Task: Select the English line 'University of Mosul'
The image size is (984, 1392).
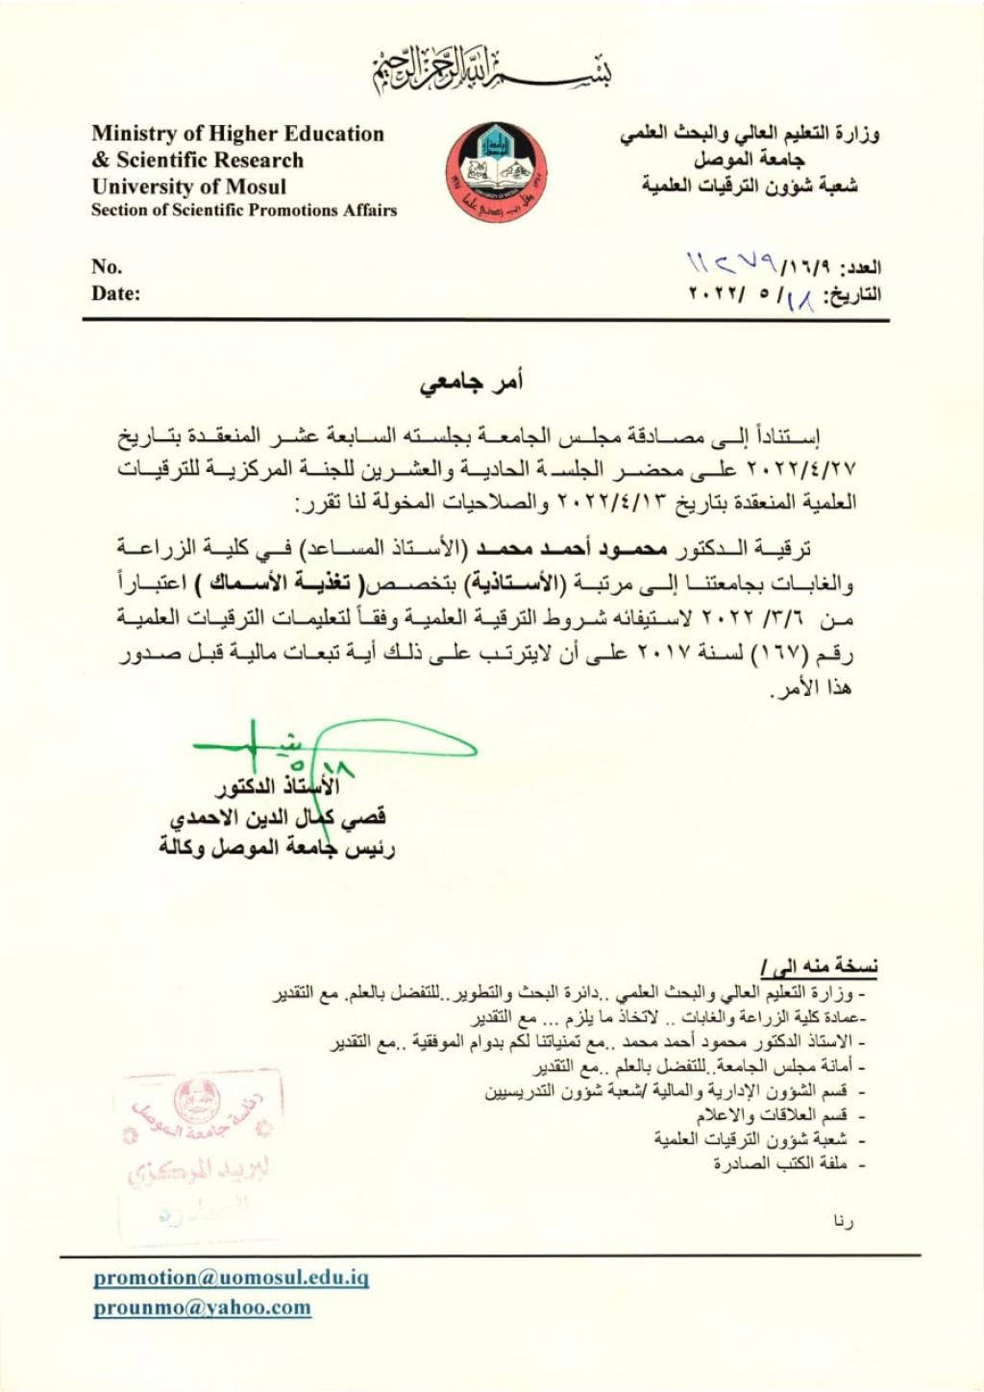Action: click(188, 186)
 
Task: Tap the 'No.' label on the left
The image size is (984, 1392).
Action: click(107, 266)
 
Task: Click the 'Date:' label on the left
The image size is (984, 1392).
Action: click(115, 293)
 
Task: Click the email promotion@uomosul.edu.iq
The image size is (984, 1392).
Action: click(231, 1278)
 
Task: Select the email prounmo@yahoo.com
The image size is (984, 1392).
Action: click(202, 1307)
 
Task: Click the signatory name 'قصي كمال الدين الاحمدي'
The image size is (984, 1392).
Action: click(279, 818)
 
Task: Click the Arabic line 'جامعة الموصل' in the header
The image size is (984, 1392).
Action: click(750, 160)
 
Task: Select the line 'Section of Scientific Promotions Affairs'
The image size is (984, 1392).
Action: click(244, 211)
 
